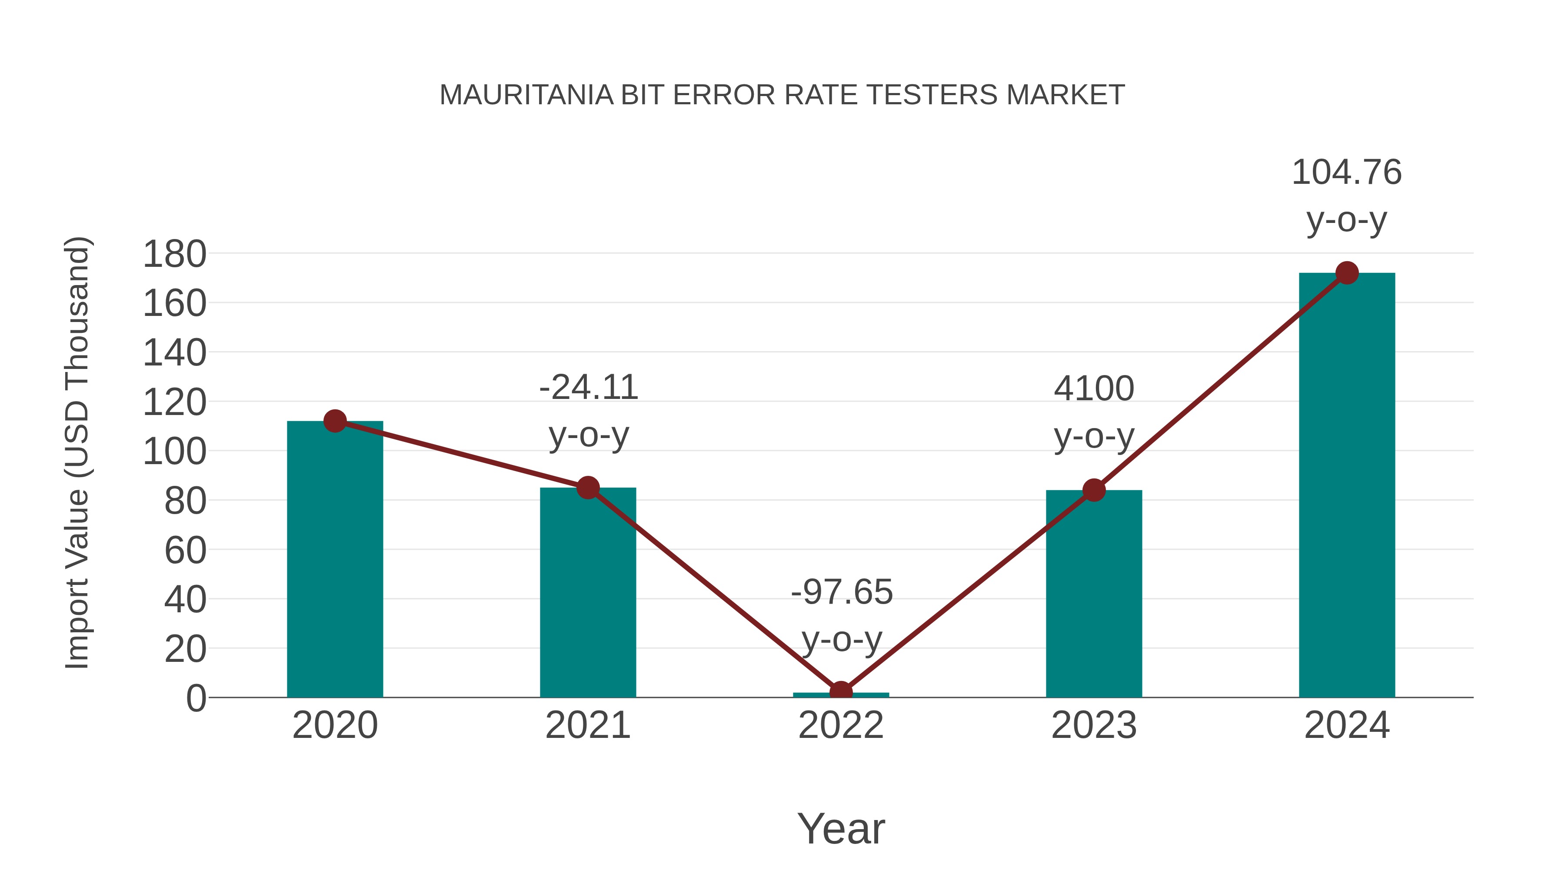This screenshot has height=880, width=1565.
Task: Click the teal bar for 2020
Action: tap(335, 559)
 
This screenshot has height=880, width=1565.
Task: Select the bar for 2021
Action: tap(587, 592)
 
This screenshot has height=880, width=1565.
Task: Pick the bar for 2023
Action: tap(1094, 593)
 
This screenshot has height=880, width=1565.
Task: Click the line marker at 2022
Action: tap(841, 692)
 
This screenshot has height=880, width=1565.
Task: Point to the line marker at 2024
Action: tap(1347, 273)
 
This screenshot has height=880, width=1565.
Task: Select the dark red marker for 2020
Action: tap(335, 421)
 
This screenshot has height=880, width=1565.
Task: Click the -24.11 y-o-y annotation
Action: tap(588, 411)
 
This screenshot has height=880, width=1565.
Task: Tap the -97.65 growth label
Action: tap(842, 615)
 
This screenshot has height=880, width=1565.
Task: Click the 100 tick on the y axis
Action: tap(174, 452)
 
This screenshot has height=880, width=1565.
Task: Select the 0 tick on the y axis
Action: tap(196, 698)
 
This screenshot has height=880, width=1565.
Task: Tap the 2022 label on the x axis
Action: tap(841, 725)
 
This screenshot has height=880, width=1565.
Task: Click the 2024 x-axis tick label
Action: tap(1346, 725)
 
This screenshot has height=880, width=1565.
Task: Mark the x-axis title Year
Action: tap(841, 828)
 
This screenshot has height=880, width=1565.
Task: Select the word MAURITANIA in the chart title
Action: tap(526, 95)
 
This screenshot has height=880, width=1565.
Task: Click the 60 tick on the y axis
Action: tap(185, 551)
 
